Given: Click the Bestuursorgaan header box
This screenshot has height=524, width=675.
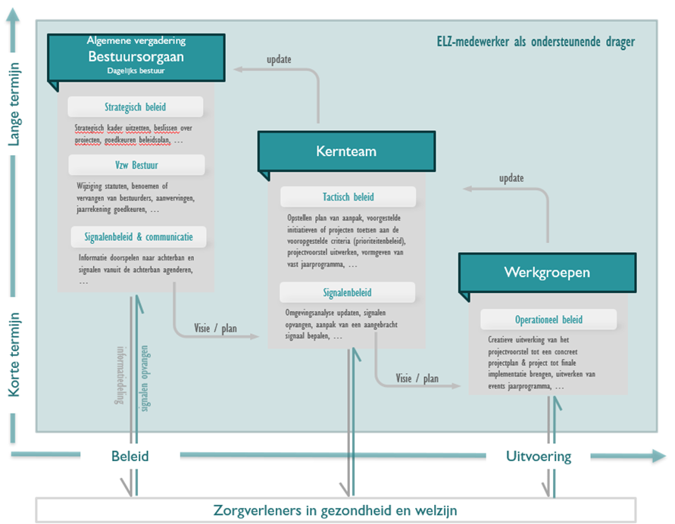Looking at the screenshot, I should click(x=136, y=57).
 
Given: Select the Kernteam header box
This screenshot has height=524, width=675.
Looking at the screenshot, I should click(x=346, y=151).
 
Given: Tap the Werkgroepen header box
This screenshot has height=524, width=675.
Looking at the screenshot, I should click(x=547, y=272).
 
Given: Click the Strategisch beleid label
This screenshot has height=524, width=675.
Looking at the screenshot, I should click(x=136, y=107).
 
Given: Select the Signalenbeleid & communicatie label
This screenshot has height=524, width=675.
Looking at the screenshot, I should click(x=137, y=237).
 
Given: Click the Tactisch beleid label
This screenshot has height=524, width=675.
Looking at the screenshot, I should click(x=348, y=197).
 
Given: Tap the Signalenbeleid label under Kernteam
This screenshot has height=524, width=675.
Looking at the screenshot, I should click(x=347, y=292).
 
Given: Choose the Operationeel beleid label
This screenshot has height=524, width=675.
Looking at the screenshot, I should click(x=548, y=320).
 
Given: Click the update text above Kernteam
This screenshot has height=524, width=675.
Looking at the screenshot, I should click(x=280, y=58).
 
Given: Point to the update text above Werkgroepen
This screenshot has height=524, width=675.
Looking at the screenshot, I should click(x=511, y=178).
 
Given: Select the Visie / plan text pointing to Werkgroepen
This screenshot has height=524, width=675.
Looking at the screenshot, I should click(x=417, y=378).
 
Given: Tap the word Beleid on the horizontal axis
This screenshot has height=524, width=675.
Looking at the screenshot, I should click(x=130, y=457).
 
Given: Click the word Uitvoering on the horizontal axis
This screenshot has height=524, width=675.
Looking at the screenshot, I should click(x=538, y=457).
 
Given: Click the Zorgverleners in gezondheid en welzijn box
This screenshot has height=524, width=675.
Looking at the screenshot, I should click(x=335, y=510).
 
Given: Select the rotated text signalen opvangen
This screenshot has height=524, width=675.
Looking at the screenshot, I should click(x=145, y=379).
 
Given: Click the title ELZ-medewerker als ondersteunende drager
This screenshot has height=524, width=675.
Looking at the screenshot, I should click(x=536, y=42).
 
